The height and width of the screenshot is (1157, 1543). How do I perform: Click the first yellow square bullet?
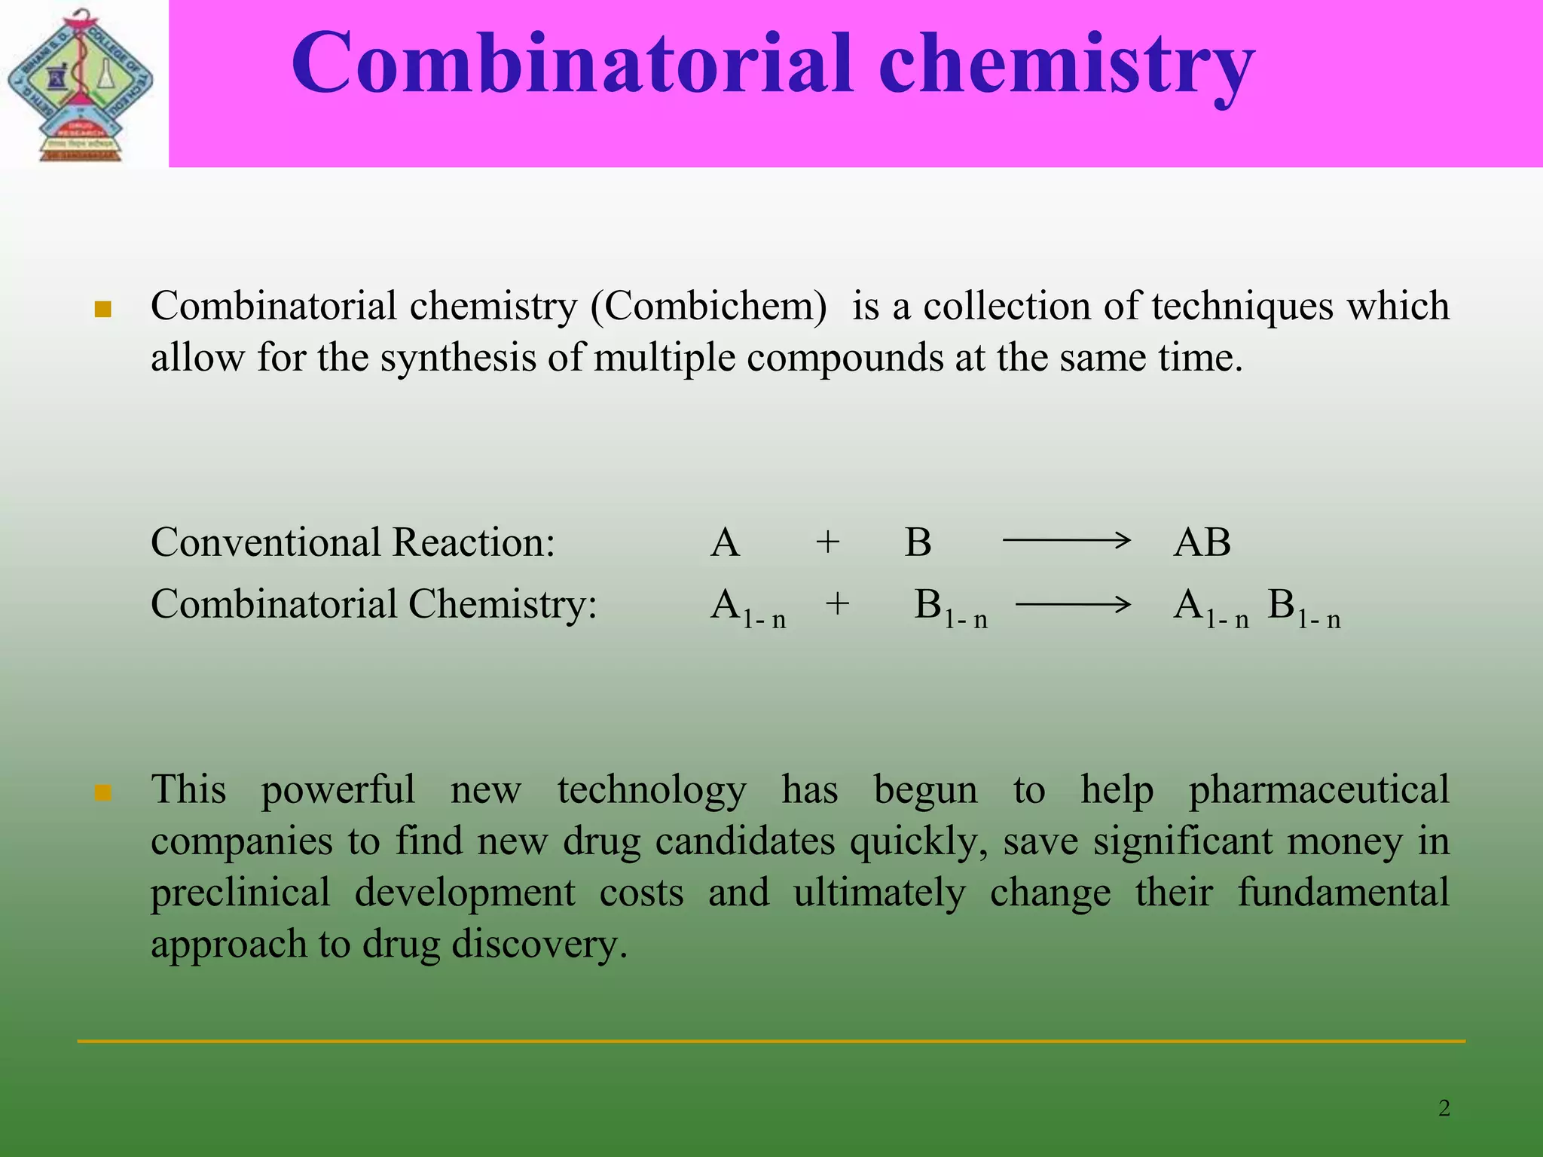click(x=103, y=310)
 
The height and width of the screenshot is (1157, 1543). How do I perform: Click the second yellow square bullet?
click(x=103, y=793)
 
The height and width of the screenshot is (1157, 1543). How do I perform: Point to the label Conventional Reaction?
click(x=353, y=542)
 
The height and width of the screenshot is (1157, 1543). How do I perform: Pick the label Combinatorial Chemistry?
click(x=374, y=604)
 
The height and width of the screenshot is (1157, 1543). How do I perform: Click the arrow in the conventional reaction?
click(x=1065, y=540)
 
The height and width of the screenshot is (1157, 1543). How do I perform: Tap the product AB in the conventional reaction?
click(x=1202, y=542)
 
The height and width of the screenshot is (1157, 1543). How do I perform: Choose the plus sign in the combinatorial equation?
click(x=837, y=604)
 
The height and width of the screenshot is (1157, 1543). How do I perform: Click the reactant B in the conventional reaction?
click(x=918, y=542)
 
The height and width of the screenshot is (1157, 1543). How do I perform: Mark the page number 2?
click(x=1444, y=1108)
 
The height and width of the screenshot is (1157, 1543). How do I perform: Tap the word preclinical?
click(x=240, y=893)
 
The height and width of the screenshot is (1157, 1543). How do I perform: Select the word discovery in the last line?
click(x=539, y=945)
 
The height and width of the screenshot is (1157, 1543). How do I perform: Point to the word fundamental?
click(x=1343, y=893)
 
